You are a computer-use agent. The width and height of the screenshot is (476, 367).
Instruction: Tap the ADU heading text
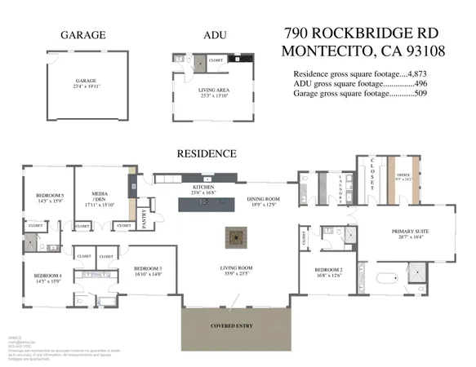213,35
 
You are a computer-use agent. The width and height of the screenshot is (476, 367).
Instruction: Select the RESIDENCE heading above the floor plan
207,153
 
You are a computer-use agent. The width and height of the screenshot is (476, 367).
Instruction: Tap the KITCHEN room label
203,188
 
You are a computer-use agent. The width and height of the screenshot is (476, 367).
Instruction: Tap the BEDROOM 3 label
148,269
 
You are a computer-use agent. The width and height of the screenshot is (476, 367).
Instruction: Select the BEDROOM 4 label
48,276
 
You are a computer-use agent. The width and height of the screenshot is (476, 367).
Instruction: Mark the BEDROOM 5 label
50,196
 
